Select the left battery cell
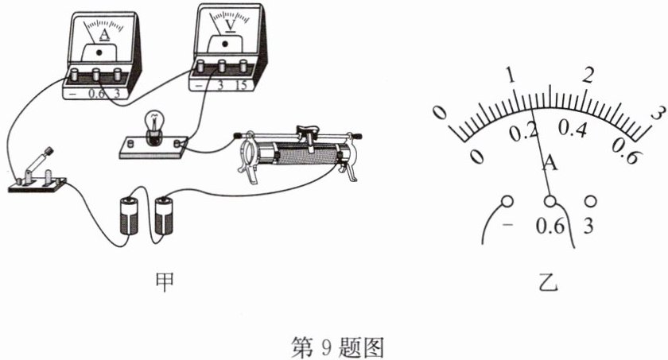[128, 215]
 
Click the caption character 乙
[548, 279]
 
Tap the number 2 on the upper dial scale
[589, 75]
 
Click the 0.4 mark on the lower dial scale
[572, 129]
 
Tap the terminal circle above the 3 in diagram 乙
[589, 200]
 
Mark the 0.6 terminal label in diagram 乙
[549, 226]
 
